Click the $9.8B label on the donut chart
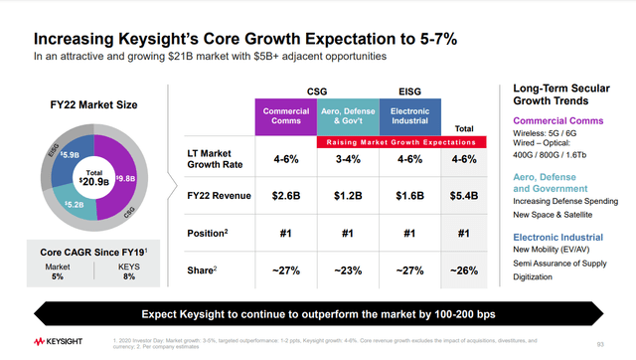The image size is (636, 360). [x=125, y=180]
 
